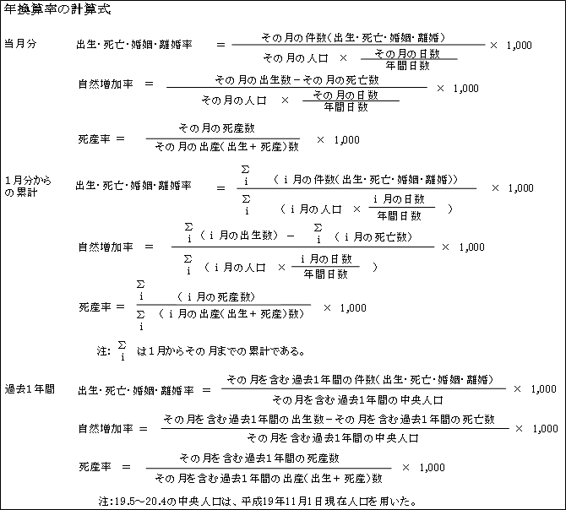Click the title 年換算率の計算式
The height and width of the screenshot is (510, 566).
pos(57,9)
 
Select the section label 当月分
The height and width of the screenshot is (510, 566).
pos(20,44)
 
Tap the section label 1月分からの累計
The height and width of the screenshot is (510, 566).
pos(28,186)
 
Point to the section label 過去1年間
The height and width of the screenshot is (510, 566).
pos(30,388)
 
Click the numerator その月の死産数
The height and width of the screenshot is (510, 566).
pos(217,128)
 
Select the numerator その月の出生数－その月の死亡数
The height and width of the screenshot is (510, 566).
pos(297,79)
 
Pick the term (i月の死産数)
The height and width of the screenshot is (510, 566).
pos(216,297)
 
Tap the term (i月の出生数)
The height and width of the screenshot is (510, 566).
pos(238,236)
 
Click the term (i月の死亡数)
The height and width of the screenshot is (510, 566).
pos(373,236)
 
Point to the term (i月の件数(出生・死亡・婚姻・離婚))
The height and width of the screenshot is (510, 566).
pos(365,179)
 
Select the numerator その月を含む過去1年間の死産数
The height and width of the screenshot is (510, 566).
pos(259,458)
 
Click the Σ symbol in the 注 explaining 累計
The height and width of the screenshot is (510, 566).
pos(122,345)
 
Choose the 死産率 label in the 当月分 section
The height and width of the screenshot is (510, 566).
pos(95,138)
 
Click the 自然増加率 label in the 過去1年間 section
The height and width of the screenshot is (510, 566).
pos(106,428)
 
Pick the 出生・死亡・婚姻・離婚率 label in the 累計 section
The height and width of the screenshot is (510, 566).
pos(133,186)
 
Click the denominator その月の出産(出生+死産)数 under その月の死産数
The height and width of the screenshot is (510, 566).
pos(226,147)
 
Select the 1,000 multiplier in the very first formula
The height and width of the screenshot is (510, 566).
pos(519,46)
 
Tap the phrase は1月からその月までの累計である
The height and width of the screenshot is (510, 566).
pos(220,350)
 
